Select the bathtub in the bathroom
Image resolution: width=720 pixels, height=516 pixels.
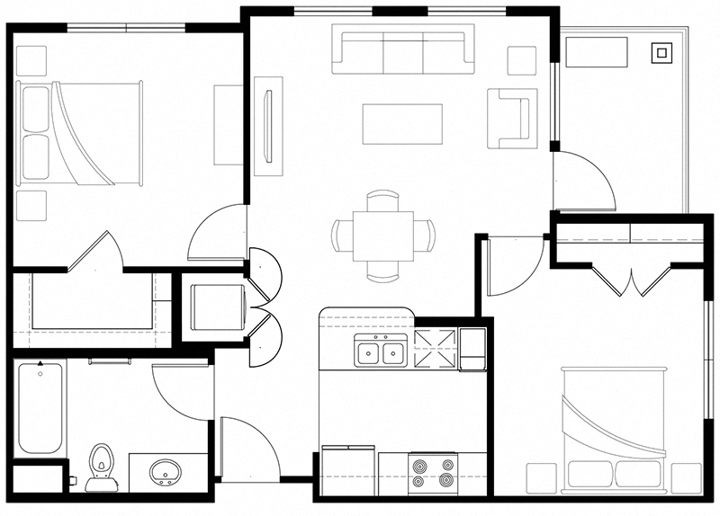[40, 408]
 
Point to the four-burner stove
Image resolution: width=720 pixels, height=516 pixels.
[433, 472]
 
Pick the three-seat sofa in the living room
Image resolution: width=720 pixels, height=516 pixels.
[403, 52]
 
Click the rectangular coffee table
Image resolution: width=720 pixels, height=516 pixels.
[402, 124]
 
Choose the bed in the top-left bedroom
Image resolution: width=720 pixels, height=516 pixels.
[81, 133]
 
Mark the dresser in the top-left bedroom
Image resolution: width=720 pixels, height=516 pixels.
[228, 124]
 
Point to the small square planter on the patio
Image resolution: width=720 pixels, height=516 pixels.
[663, 53]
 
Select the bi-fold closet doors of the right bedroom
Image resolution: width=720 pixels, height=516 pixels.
[633, 280]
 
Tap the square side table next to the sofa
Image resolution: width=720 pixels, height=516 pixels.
[521, 60]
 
